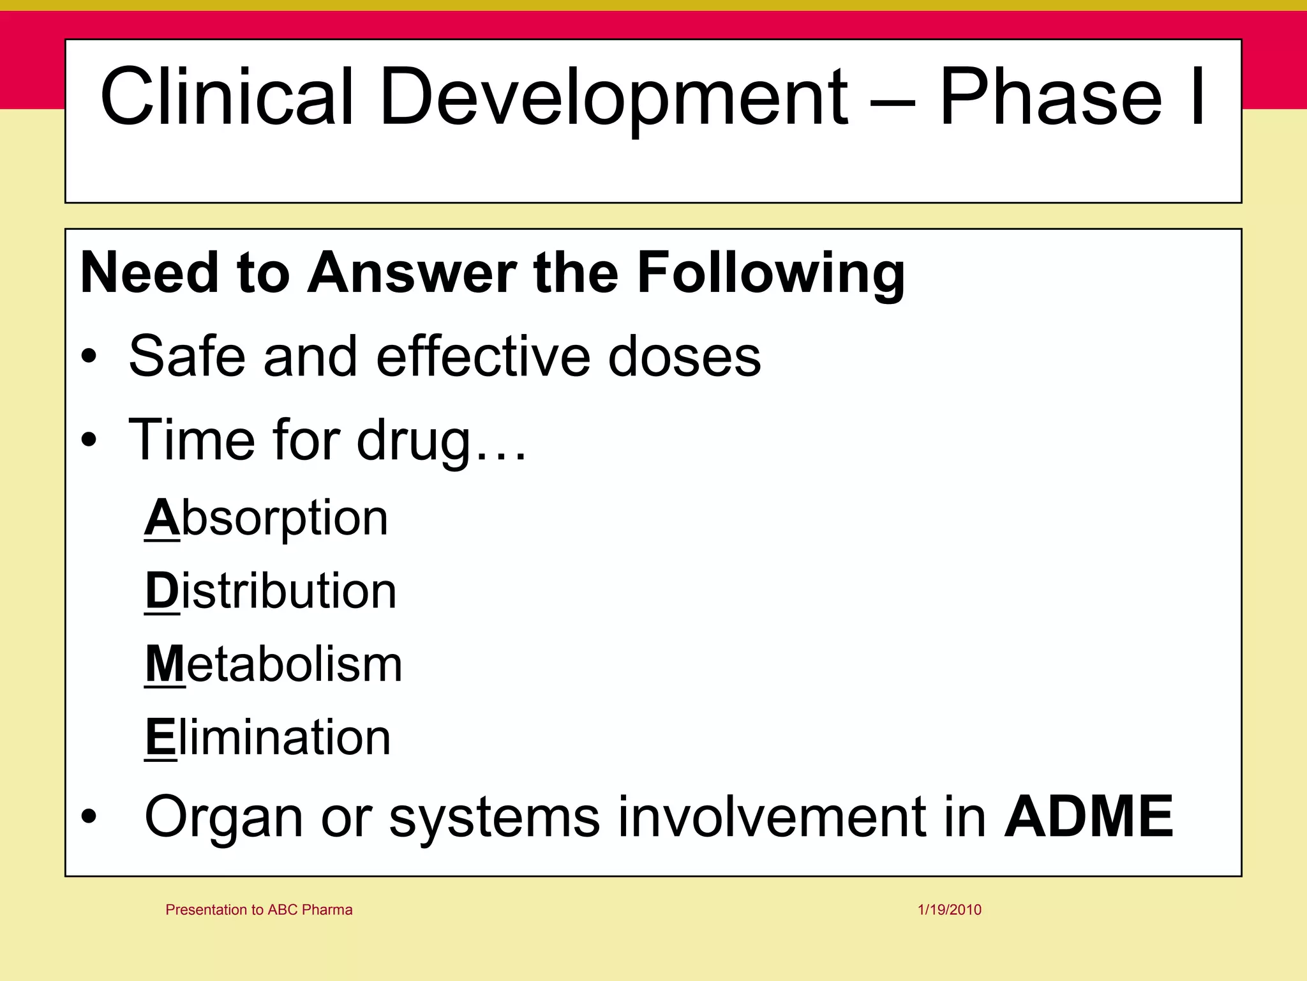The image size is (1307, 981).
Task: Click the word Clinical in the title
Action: coord(226,97)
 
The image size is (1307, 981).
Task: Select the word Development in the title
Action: coord(613,97)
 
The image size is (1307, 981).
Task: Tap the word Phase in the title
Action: coord(1050,97)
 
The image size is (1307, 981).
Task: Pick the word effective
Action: coord(482,356)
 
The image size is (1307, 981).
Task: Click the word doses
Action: coord(684,356)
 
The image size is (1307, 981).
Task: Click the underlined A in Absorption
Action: coord(161,517)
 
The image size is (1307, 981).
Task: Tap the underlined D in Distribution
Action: coord(162,591)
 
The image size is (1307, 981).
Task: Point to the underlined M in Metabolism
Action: coord(165,664)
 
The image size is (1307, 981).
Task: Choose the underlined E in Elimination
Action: coord(160,737)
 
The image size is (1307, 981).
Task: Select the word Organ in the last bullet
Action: coord(223,817)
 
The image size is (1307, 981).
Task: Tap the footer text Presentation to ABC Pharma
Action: coord(258,909)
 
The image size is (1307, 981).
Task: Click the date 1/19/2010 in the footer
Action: coord(950,909)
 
